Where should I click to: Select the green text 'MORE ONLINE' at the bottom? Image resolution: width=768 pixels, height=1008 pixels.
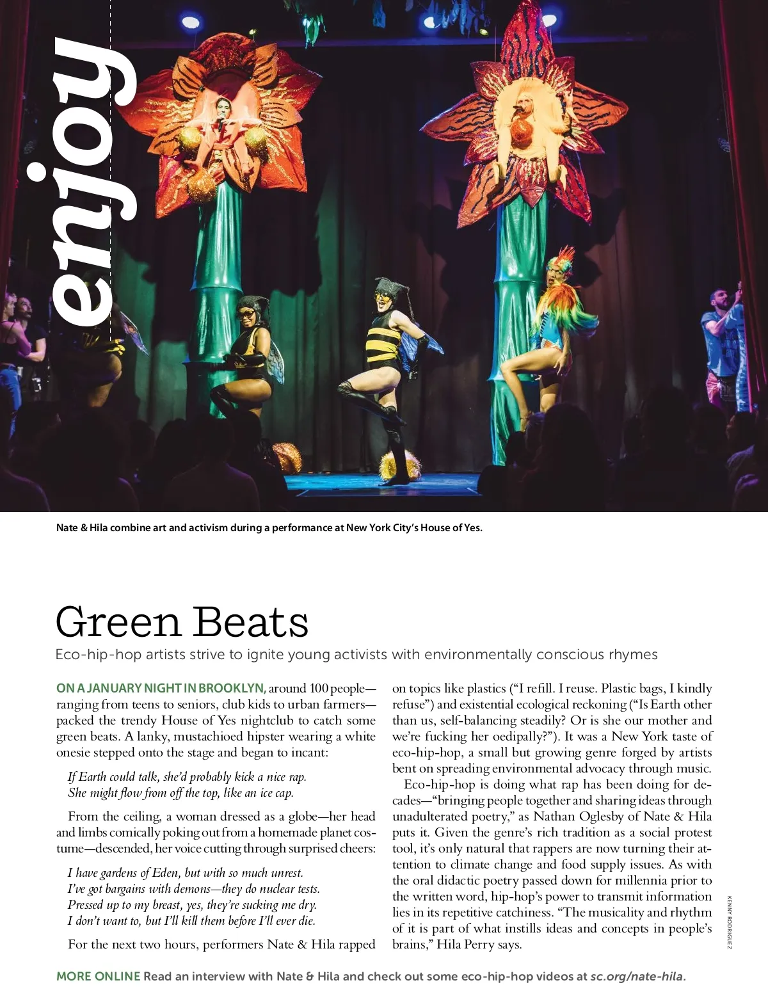coord(98,977)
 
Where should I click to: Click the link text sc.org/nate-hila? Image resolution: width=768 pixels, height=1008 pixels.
coord(637,977)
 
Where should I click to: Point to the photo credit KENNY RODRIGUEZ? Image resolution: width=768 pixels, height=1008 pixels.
coord(729,921)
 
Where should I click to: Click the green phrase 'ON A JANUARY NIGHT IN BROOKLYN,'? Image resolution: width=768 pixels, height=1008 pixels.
coord(161,689)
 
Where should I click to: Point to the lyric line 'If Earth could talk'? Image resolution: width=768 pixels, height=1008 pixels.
coord(187,777)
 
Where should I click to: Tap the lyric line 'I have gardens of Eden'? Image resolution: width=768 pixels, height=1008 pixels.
coord(186,873)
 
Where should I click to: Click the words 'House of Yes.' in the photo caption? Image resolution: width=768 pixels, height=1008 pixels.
coord(451,528)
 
